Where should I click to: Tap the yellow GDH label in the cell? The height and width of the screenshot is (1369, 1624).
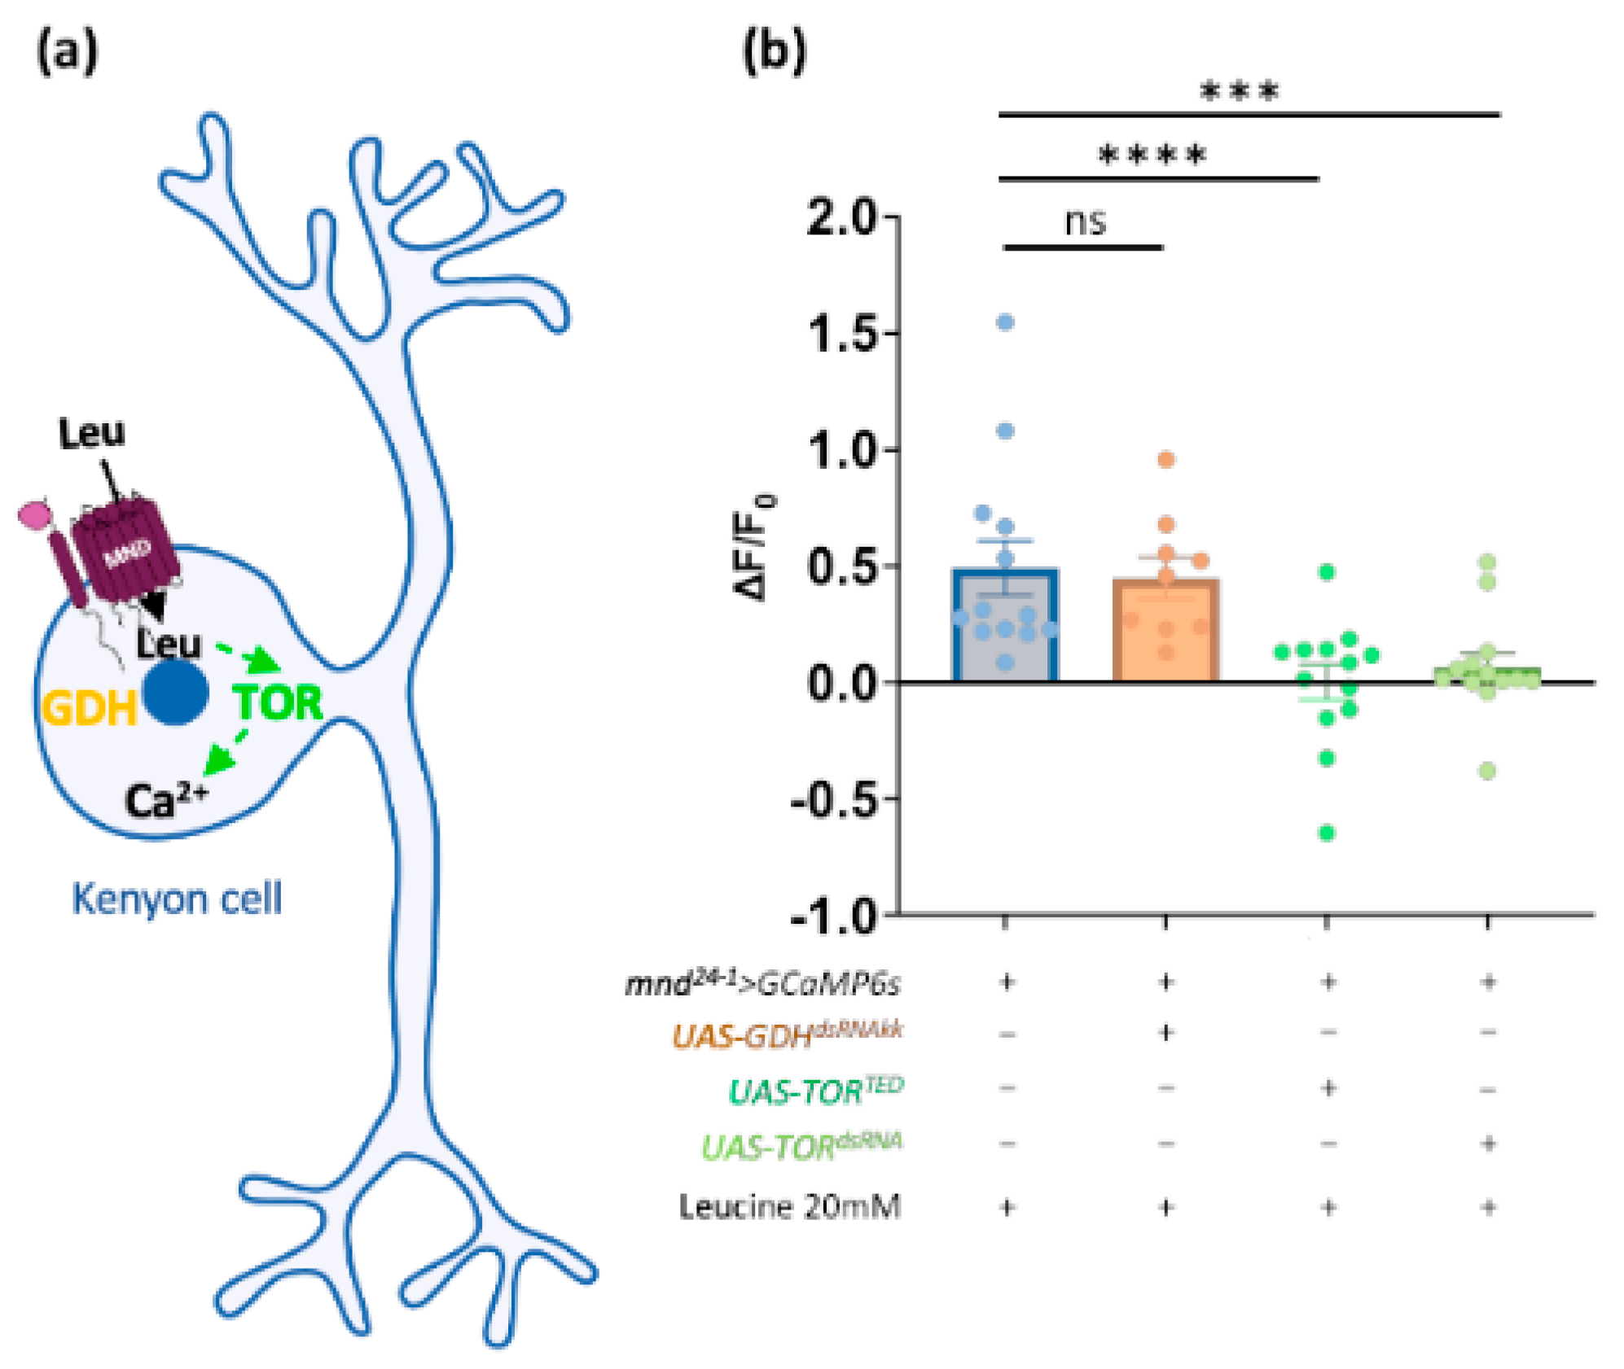[x=89, y=707]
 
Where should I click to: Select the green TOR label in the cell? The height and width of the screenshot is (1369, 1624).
[x=278, y=702]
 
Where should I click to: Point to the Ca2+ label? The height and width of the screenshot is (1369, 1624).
[x=166, y=800]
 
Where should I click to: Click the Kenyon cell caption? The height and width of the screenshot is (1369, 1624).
[x=177, y=899]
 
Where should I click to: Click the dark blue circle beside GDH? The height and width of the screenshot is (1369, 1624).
[x=175, y=692]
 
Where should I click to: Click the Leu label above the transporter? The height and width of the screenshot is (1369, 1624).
[x=91, y=433]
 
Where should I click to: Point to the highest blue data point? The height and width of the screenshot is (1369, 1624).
[x=1005, y=323]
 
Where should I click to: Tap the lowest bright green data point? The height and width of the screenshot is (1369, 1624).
[x=1327, y=833]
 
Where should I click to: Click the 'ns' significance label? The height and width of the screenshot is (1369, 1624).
[x=1085, y=221]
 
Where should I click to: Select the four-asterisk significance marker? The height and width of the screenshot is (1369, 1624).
[x=1152, y=155]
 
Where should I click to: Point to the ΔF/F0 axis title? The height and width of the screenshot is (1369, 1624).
[x=754, y=547]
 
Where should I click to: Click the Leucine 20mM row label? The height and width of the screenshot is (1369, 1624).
[x=789, y=1206]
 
